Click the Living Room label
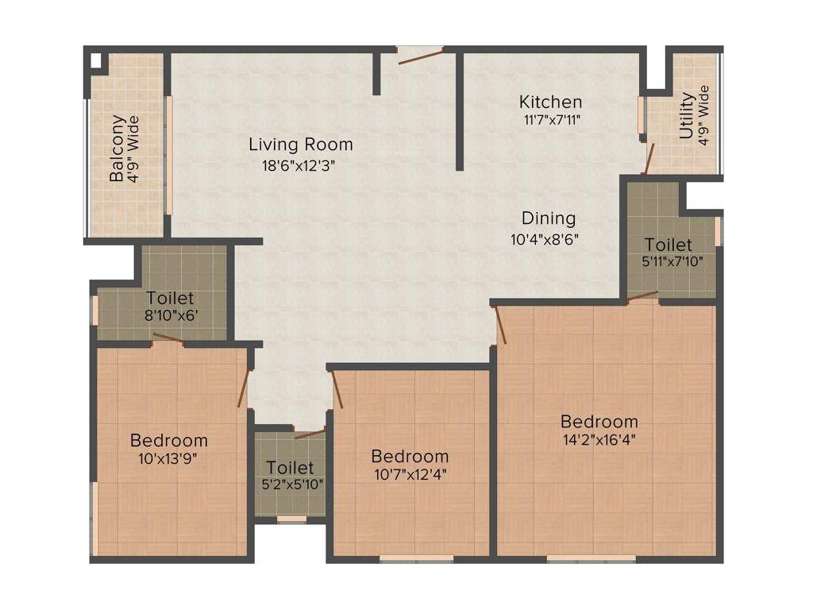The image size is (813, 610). point(300,145)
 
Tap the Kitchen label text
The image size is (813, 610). point(550,102)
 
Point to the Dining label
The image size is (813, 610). point(549,218)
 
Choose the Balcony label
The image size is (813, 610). point(118,149)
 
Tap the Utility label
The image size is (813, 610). point(687,117)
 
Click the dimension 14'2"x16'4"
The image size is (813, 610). point(599,438)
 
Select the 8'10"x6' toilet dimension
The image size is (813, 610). point(170,316)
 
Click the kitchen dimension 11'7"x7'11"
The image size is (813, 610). point(550,120)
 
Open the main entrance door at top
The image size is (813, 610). point(420,55)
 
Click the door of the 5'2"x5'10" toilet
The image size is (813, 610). point(309,434)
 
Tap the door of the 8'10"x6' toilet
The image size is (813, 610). point(168,339)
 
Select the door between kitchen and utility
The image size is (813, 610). point(649,157)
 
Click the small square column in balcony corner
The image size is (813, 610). point(95,60)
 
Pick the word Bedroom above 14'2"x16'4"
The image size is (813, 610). point(599,421)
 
